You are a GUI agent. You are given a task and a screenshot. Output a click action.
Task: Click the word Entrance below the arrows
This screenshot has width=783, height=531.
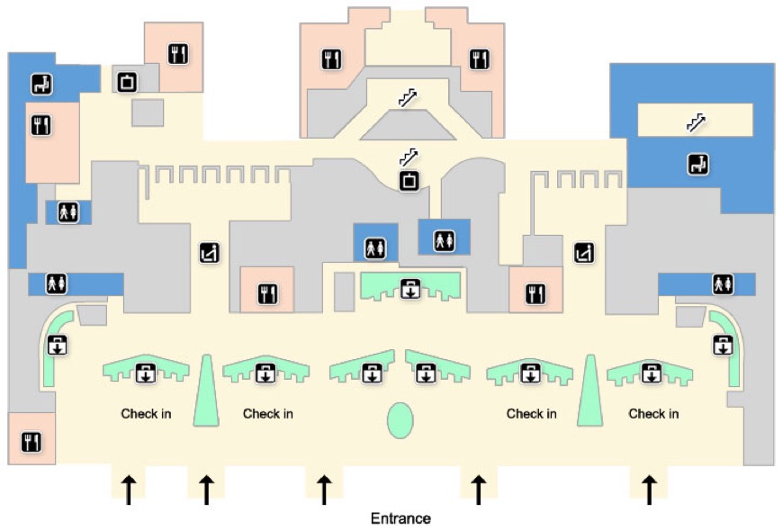tap(400, 518)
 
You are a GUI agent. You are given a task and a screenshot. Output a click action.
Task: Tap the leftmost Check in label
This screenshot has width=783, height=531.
tap(146, 414)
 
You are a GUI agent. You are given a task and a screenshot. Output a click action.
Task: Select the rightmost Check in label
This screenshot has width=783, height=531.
tap(652, 414)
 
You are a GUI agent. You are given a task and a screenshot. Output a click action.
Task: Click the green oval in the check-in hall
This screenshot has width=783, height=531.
tap(400, 420)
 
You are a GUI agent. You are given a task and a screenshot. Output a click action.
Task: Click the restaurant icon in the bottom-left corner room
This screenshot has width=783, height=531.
tap(31, 441)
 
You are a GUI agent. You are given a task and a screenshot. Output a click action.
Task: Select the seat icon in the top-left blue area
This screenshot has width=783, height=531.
tap(41, 85)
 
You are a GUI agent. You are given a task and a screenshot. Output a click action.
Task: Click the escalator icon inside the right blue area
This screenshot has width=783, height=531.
tap(696, 122)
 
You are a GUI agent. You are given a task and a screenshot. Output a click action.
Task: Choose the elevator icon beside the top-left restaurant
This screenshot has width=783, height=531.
tap(127, 82)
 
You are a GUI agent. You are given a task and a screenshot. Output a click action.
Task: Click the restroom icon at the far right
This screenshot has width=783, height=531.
tap(722, 284)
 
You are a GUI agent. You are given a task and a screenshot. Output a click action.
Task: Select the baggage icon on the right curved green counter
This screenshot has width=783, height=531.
tap(723, 345)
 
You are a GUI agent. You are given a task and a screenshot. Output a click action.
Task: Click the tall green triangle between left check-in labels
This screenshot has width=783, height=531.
tap(206, 391)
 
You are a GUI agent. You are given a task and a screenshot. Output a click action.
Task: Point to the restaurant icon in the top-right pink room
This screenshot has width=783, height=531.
tap(479, 60)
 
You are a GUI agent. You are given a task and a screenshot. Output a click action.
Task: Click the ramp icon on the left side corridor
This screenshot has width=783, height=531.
tap(209, 254)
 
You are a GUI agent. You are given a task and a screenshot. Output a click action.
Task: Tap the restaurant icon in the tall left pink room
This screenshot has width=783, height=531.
tap(40, 124)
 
